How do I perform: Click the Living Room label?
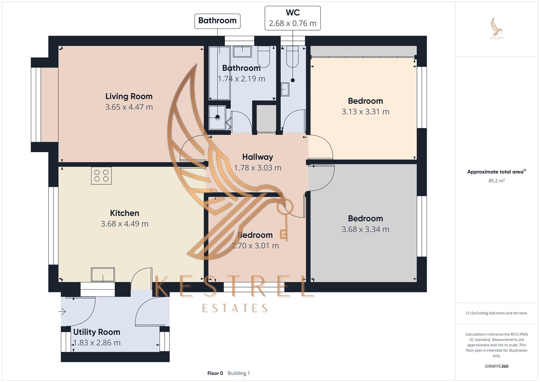tap(129, 96)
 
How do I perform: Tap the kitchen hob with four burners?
tap(101, 175)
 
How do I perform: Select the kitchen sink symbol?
tap(103, 274)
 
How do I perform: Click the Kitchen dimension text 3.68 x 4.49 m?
tap(124, 224)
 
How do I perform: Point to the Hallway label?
tap(257, 157)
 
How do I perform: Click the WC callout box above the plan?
tap(292, 18)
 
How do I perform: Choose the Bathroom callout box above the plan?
tap(217, 21)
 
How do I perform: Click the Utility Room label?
tap(97, 332)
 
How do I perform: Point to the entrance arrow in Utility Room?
tap(63, 312)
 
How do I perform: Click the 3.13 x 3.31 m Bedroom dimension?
tap(365, 112)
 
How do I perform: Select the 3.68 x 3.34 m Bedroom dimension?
tap(365, 229)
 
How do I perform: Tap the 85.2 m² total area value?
tap(497, 181)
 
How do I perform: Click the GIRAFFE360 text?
tap(497, 366)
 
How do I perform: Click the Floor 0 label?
tap(215, 373)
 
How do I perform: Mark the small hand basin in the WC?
tap(285, 89)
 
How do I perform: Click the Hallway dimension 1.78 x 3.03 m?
tap(257, 168)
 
